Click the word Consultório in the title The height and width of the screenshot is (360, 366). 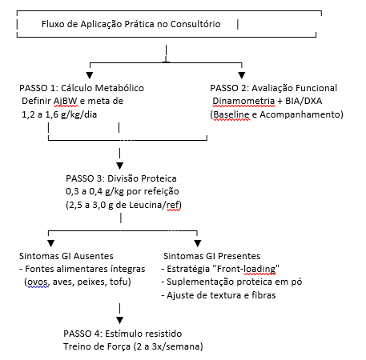[x=195, y=24]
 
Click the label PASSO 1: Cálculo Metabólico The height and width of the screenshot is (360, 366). [x=82, y=88]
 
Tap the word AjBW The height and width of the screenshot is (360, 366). [x=66, y=101]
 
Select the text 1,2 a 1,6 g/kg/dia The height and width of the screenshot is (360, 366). [x=59, y=114]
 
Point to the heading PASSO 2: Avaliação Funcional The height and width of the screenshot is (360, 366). [x=274, y=88]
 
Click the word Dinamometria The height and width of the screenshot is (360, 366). [x=243, y=101]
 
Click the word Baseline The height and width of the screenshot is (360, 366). [x=231, y=114]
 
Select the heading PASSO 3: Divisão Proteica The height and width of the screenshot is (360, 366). [x=121, y=178]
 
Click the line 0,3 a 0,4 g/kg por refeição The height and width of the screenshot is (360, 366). [x=123, y=191]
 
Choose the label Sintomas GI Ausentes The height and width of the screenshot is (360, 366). [x=66, y=256]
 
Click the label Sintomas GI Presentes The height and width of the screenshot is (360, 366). [x=212, y=256]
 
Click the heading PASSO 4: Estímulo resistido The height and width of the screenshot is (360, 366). [x=123, y=334]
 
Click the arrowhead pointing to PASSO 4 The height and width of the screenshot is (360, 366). [x=120, y=320]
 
